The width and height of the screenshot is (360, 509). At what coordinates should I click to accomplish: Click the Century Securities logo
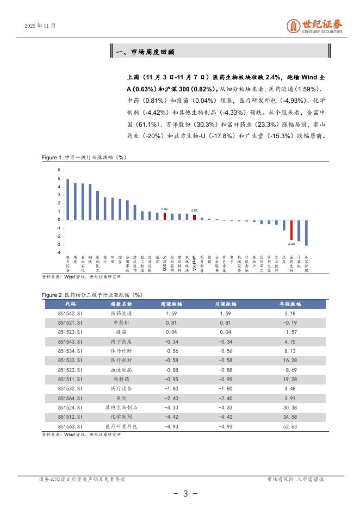point(315,26)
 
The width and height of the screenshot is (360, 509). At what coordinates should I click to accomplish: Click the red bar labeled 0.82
point(165,216)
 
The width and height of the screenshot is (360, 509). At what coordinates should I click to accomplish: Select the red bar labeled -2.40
point(291,230)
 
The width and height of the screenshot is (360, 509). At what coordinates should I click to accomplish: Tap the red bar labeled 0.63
point(194,217)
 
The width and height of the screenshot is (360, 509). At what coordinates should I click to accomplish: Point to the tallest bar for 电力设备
point(67,200)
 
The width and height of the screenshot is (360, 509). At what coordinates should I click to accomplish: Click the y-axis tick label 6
point(59,171)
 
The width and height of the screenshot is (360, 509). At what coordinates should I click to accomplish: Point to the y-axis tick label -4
point(58,253)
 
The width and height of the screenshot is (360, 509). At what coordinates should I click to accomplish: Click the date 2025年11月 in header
point(41,26)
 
